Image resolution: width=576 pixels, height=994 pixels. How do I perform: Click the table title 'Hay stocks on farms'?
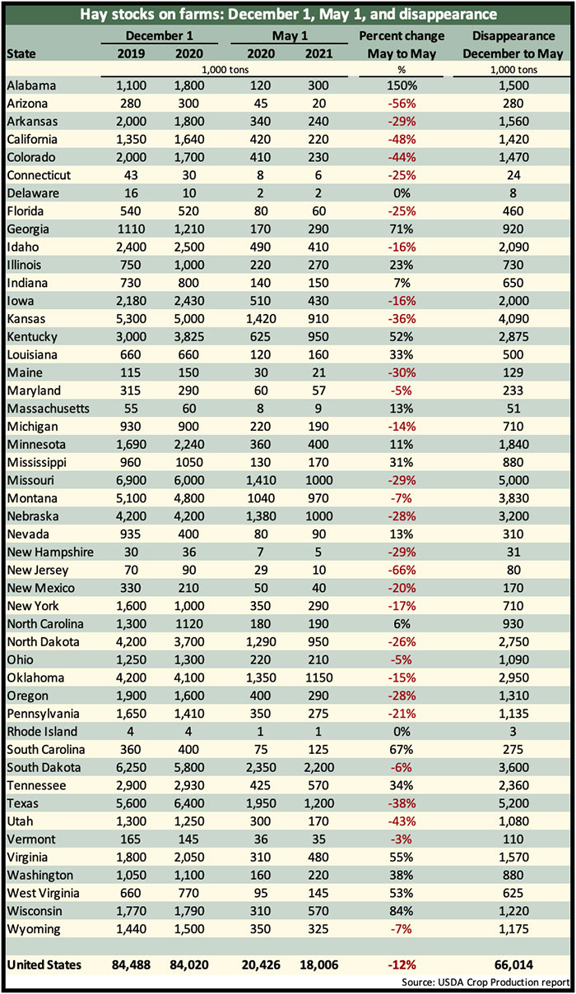152,14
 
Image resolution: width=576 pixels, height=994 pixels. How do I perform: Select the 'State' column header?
21,53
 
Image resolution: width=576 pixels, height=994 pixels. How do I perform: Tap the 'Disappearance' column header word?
513,35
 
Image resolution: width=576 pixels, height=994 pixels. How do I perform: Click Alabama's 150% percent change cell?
402,86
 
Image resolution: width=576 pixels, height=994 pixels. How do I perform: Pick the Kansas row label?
26,319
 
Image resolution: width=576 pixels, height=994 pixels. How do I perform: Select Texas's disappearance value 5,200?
513,803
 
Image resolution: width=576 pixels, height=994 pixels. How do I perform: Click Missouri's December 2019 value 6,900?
131,480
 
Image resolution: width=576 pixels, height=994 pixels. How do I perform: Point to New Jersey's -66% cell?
402,570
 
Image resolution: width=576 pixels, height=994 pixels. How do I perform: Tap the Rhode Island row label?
42,731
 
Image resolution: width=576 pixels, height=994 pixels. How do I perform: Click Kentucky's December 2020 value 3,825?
189,336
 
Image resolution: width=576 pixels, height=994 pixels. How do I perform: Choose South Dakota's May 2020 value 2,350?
261,767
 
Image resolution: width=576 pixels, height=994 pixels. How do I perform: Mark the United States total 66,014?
513,964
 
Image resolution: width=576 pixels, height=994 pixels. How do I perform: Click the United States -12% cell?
402,964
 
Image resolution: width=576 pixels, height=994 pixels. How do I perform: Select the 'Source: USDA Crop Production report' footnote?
485,982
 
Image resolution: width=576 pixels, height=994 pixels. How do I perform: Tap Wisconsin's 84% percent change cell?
402,911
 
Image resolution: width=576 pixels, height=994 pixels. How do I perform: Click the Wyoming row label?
33,929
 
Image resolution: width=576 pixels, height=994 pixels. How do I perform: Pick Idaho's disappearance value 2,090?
513,247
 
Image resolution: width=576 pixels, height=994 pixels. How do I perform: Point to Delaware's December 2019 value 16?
131,193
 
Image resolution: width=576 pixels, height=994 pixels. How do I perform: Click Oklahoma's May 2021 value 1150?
318,677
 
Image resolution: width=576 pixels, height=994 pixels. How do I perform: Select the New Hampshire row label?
50,552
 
